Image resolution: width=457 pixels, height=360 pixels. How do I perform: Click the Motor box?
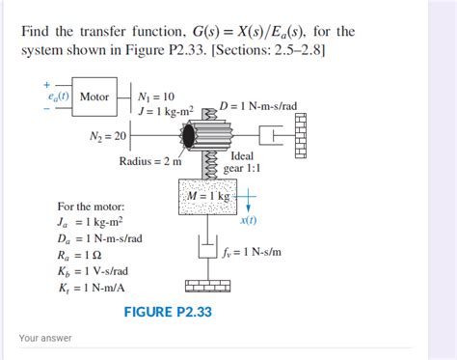coord(94,97)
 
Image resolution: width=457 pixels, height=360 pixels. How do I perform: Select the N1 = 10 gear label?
coord(156,97)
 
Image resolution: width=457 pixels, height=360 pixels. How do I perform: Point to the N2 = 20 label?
coord(109,137)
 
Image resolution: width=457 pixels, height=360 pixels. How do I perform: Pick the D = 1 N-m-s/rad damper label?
coord(257,105)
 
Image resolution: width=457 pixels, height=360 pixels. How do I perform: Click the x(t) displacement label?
coord(248,220)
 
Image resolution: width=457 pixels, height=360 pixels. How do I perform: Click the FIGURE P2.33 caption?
coord(168,312)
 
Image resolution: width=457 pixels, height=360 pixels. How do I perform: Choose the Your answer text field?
coord(193,339)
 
